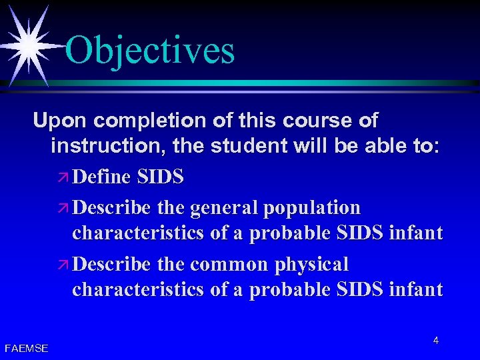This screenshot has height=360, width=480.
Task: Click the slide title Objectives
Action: (x=150, y=50)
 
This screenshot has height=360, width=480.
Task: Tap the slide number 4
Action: (x=435, y=341)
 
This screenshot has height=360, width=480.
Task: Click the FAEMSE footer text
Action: (x=26, y=348)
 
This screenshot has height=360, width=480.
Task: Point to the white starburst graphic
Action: (x=29, y=44)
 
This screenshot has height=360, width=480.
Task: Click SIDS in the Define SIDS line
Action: (x=160, y=177)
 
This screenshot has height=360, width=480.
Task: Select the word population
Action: (x=312, y=208)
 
